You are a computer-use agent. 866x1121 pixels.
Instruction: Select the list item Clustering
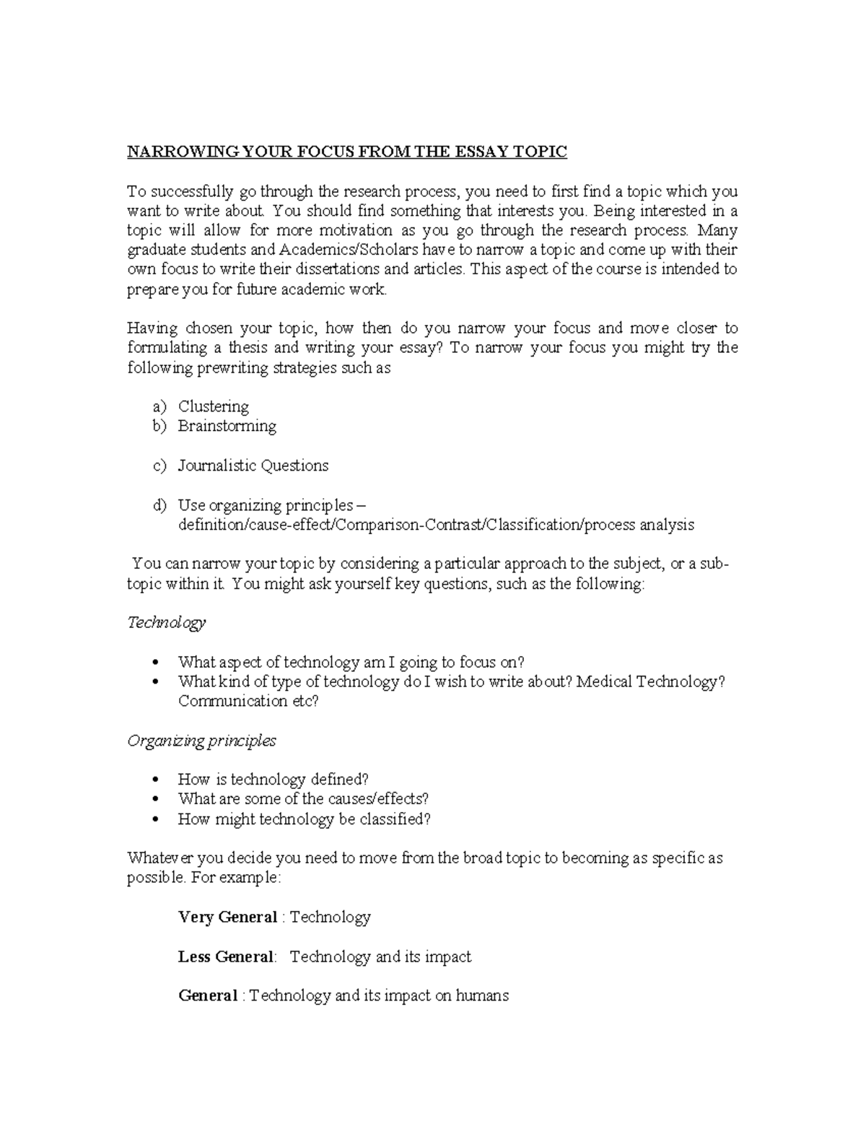coord(214,406)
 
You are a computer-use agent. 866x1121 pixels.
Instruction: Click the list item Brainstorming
coord(227,426)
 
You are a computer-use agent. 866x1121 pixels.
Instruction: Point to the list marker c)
coord(159,466)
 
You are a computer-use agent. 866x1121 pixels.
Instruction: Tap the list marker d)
coord(159,505)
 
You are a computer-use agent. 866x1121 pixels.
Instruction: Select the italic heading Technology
coord(167,622)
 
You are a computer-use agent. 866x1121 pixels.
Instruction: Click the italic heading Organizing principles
coord(201,741)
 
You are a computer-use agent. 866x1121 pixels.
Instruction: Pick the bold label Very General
coord(227,917)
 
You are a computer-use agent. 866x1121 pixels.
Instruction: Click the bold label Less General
coord(226,957)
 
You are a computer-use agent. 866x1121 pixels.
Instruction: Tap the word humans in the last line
coord(482,996)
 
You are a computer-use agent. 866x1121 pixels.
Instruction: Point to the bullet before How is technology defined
coord(156,780)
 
